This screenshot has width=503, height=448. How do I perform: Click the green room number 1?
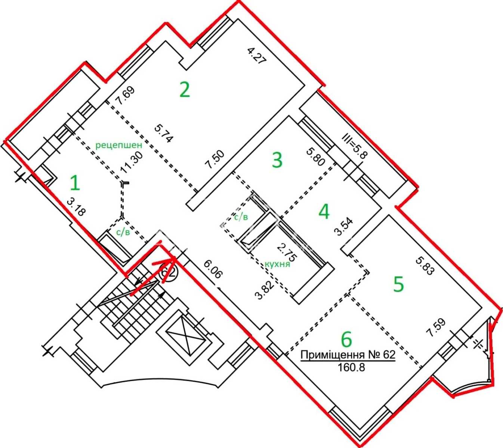click(75, 183)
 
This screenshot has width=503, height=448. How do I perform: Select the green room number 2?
click(185, 90)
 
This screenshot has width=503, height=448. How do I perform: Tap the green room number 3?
click(277, 160)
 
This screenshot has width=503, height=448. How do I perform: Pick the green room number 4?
click(324, 212)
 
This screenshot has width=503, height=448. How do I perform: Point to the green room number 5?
click(398, 284)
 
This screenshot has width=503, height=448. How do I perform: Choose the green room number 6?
click(346, 339)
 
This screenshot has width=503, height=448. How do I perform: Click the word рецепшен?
click(119, 145)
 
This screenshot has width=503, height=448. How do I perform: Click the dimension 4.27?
click(257, 56)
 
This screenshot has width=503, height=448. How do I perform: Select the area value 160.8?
click(351, 367)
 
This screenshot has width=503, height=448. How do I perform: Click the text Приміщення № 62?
click(348, 355)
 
